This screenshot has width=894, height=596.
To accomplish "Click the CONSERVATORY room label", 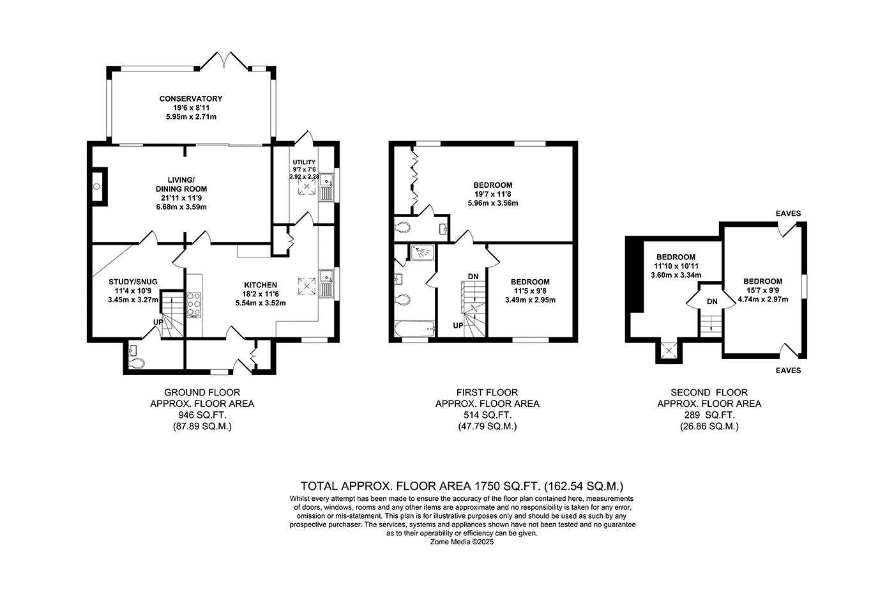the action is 191,98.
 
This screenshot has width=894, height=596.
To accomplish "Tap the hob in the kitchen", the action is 194,305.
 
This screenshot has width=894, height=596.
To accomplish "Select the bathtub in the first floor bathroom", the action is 414,329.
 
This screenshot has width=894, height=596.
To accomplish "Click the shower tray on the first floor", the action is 422,253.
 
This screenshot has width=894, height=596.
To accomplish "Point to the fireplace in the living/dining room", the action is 100,187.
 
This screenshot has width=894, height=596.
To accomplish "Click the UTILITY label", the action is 304,162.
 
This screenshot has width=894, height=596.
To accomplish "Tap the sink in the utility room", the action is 326,188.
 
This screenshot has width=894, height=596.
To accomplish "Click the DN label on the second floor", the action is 712,302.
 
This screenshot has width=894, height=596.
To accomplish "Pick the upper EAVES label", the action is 788,213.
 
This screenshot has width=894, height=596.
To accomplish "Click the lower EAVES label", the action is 788,371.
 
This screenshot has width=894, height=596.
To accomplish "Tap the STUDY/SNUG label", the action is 133,282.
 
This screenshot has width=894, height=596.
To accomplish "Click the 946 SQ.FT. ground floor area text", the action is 202,415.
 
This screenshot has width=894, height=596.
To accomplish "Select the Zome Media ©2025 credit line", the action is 462,542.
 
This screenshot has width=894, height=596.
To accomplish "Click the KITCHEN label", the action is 261,285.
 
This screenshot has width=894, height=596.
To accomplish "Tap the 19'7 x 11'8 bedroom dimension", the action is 493,194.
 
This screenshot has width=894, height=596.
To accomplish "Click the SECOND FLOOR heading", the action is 709,392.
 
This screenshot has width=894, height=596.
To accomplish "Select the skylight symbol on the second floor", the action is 669,351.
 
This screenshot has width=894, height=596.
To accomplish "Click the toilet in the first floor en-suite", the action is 402,228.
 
